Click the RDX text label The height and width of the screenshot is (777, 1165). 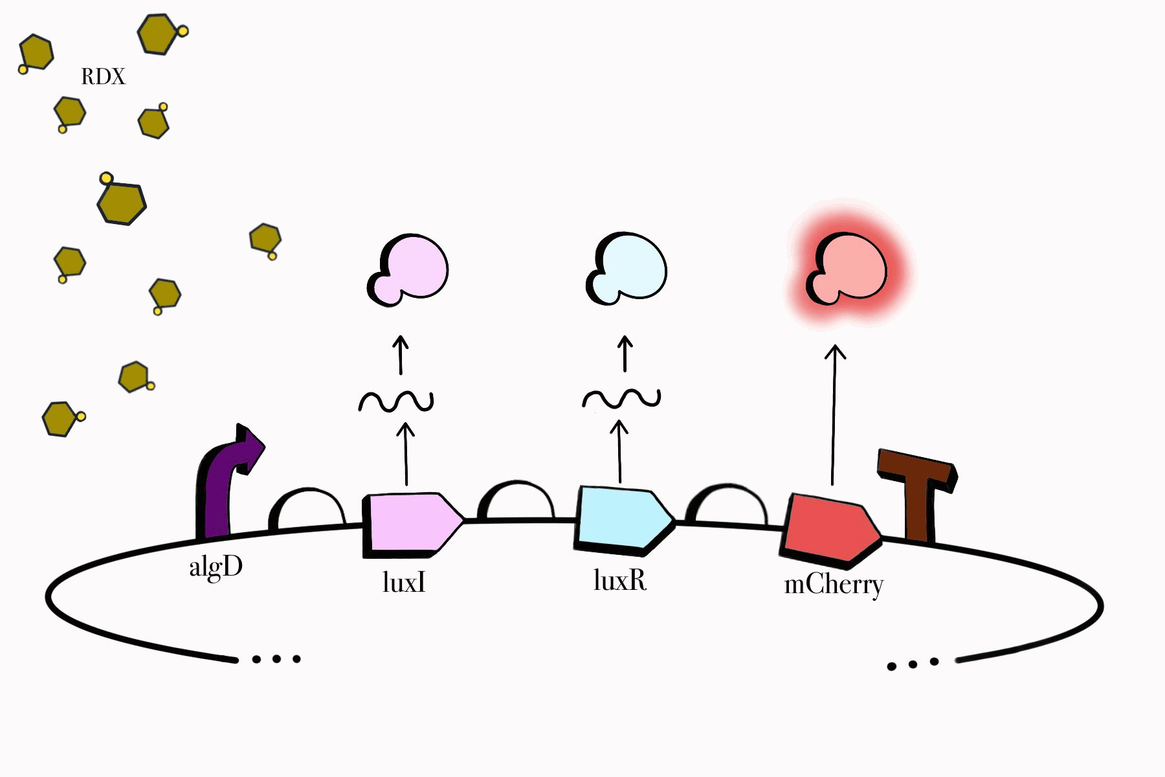pos(103,77)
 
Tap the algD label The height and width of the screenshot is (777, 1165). pos(216,568)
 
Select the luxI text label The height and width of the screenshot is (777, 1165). pos(404,583)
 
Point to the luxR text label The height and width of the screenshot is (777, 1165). pos(619,581)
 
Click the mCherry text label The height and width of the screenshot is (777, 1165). pos(834,585)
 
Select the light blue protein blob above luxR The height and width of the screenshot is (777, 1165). pos(627,267)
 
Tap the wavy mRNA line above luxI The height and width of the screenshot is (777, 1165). pos(396,402)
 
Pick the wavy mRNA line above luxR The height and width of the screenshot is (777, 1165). pos(621,398)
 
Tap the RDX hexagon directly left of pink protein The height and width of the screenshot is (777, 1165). pos(265,239)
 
